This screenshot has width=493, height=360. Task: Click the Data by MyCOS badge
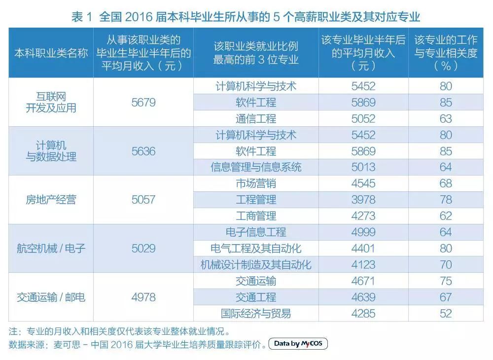coord(298,344)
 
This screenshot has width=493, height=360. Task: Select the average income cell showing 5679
coord(143,103)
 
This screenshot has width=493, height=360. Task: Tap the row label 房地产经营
coord(51,200)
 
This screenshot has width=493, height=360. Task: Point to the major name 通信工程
coord(256,119)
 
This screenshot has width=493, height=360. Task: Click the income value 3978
coord(363,200)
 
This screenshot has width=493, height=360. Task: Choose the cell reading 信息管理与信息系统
coord(256,167)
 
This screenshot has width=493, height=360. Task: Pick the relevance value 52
coord(446,313)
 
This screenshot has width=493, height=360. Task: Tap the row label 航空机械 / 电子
coord(51,248)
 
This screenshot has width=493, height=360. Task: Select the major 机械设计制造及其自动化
coord(256,265)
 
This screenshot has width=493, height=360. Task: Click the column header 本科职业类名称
coord(51,53)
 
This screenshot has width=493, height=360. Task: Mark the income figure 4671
coord(363,281)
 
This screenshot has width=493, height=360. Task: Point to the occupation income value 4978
coord(143,297)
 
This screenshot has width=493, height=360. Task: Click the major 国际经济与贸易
coord(256,313)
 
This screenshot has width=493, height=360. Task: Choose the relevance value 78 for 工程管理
coord(446,200)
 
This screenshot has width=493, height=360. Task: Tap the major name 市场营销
coord(256,183)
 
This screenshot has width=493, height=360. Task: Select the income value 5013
coord(363,167)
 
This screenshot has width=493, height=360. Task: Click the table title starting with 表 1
coord(246,17)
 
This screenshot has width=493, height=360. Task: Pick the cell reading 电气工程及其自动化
coord(256,248)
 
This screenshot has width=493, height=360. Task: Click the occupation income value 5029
coord(143,248)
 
